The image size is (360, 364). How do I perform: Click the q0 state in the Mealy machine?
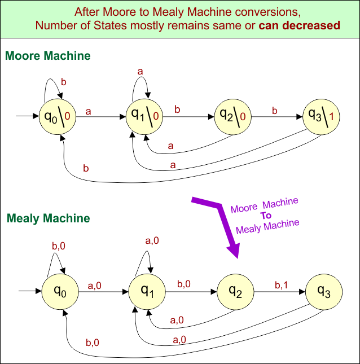pos(60,291)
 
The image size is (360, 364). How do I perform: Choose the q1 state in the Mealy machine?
pos(147,291)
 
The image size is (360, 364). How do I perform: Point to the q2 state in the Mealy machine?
pos(235,291)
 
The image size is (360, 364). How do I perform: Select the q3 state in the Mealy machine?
pos(323,291)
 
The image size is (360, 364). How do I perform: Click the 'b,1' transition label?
pos(281,286)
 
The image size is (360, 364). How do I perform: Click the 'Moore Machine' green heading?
pos(47,56)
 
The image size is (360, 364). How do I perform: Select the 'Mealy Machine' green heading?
pos(48,218)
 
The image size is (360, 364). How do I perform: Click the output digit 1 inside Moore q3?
pos(331,117)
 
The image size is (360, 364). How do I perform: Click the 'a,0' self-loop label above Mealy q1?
pos(152,240)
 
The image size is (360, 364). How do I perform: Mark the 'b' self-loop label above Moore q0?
pos(63,82)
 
